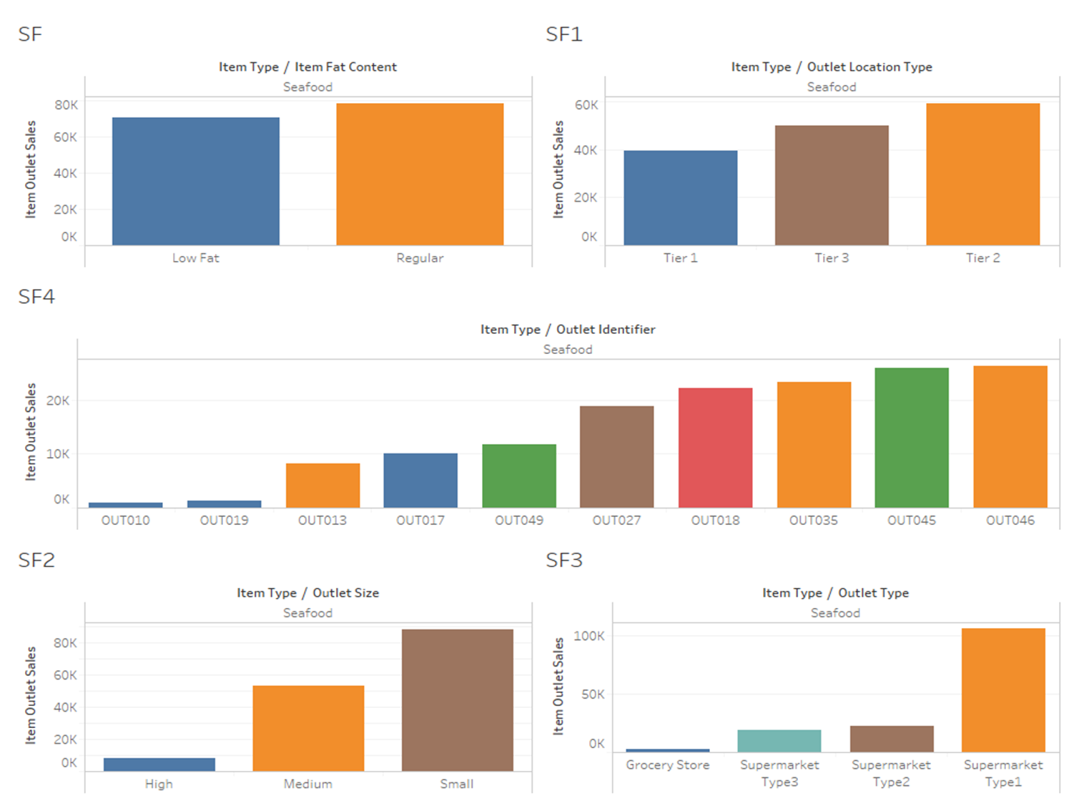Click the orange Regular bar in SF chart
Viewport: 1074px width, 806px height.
(x=420, y=175)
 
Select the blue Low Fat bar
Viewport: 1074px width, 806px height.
(x=195, y=182)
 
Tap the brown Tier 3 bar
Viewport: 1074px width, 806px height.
(x=832, y=185)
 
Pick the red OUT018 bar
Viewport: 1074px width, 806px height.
(x=715, y=448)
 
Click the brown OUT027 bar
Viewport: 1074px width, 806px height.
(x=616, y=457)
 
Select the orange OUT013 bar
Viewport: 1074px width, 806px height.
(x=322, y=486)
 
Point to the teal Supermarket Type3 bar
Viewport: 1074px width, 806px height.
(x=779, y=741)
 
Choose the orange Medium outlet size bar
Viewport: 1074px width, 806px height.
(x=308, y=728)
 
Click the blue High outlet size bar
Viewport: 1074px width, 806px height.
(x=159, y=765)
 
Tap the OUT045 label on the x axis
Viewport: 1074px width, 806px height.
(x=911, y=521)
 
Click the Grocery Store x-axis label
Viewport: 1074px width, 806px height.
(x=667, y=765)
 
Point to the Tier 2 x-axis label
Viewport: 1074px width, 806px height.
(x=982, y=258)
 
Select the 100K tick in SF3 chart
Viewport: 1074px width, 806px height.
(x=588, y=636)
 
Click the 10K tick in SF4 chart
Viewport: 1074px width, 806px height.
(x=58, y=454)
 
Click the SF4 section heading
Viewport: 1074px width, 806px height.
(x=36, y=297)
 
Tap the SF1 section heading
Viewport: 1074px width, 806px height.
(x=563, y=34)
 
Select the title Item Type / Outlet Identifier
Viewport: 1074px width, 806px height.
(x=567, y=330)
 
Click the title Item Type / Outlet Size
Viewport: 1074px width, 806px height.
(x=307, y=593)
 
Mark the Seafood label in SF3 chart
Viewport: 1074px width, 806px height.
(x=834, y=613)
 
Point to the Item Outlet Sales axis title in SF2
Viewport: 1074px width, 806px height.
(x=31, y=695)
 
